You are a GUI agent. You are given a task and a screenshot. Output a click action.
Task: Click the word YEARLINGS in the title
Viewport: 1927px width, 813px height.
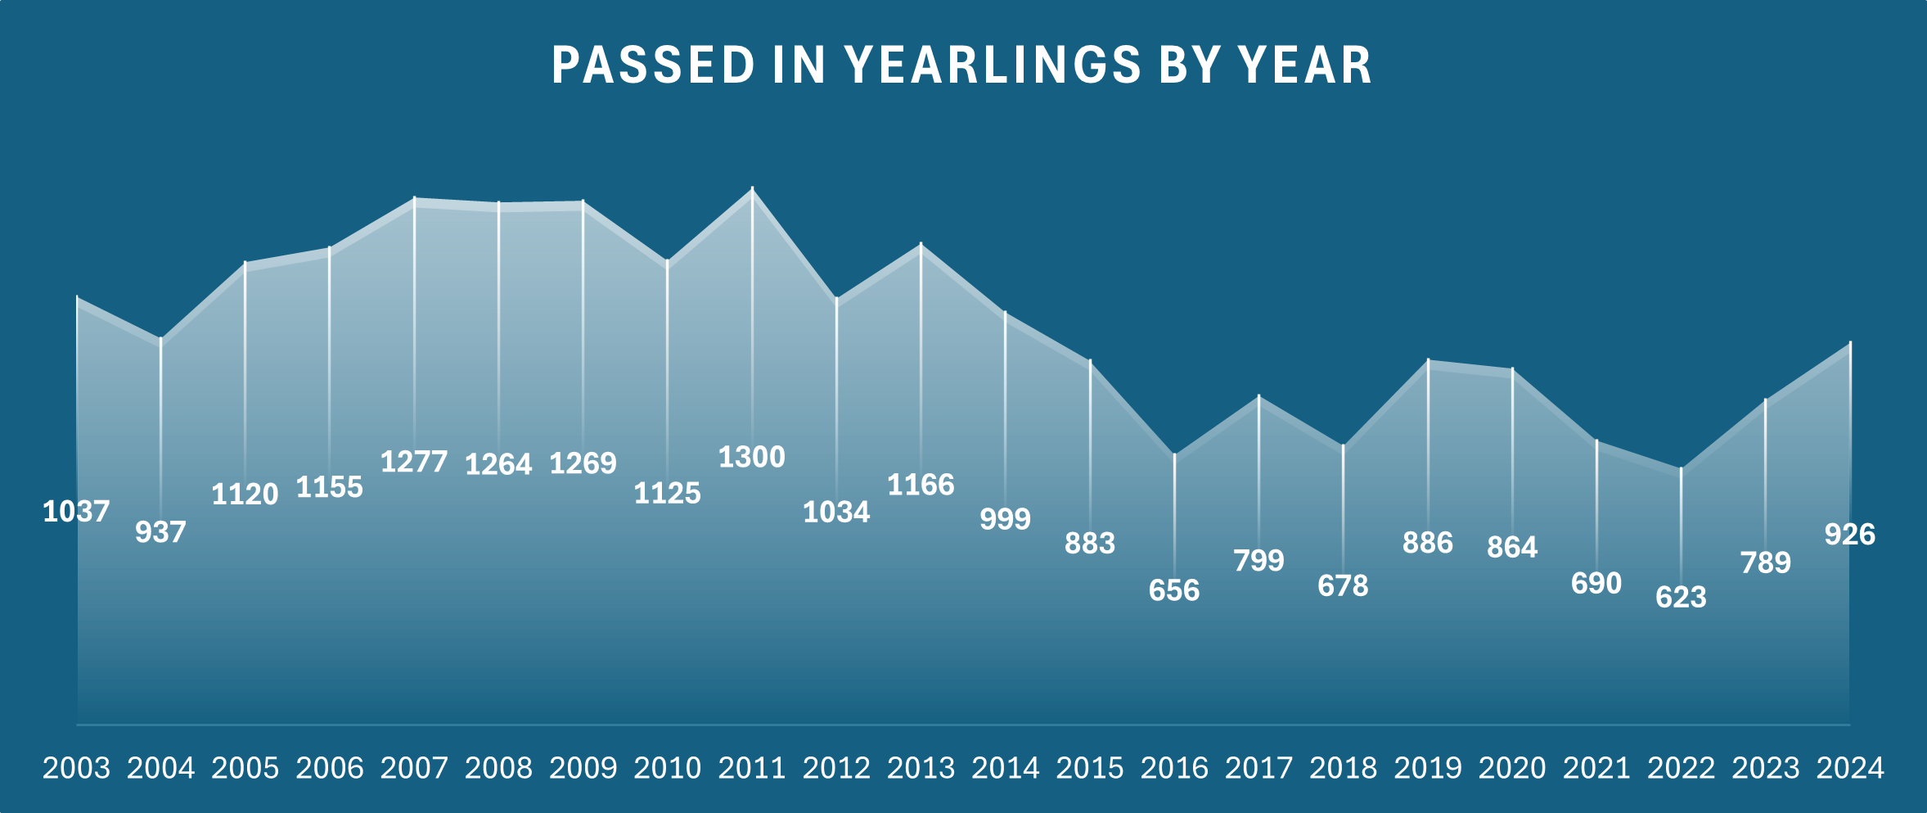pos(993,65)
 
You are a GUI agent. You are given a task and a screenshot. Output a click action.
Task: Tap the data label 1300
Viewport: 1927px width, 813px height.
pos(751,457)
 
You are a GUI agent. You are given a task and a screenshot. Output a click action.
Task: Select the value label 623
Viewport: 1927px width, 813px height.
pos(1681,597)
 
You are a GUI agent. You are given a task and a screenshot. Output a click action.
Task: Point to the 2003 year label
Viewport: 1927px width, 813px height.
pos(76,768)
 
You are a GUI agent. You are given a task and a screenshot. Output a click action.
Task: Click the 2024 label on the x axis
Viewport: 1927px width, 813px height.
pos(1850,768)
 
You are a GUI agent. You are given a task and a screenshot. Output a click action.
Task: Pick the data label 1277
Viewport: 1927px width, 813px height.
pos(414,462)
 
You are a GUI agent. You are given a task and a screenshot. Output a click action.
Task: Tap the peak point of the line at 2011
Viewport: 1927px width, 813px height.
pos(752,190)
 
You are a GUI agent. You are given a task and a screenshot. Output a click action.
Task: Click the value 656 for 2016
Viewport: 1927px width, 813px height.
pos(1174,590)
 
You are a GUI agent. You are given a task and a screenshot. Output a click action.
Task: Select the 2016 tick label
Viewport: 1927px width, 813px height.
pos(1174,768)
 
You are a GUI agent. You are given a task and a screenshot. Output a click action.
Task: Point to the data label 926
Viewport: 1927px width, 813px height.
pos(1849,535)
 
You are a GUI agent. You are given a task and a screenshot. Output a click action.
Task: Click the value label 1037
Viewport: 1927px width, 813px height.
pos(76,512)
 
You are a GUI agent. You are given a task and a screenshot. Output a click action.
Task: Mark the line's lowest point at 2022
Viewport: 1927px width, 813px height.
pos(1681,469)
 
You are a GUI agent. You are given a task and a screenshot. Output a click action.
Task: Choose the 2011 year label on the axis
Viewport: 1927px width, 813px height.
pos(752,768)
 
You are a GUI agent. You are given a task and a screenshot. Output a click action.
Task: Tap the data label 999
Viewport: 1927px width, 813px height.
pos(1005,519)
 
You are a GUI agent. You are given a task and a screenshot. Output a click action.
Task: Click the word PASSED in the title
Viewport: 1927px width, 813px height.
pos(653,65)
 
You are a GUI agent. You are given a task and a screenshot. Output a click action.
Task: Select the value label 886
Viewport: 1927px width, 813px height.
pos(1428,543)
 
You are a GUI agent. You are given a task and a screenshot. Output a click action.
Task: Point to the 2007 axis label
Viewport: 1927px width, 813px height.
pos(414,768)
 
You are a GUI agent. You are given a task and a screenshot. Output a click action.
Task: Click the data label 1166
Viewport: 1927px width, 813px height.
pos(921,485)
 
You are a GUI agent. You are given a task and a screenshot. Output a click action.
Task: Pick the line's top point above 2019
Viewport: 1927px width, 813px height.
pos(1428,361)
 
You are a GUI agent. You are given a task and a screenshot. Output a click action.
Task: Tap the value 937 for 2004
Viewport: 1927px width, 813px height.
pos(160,532)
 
